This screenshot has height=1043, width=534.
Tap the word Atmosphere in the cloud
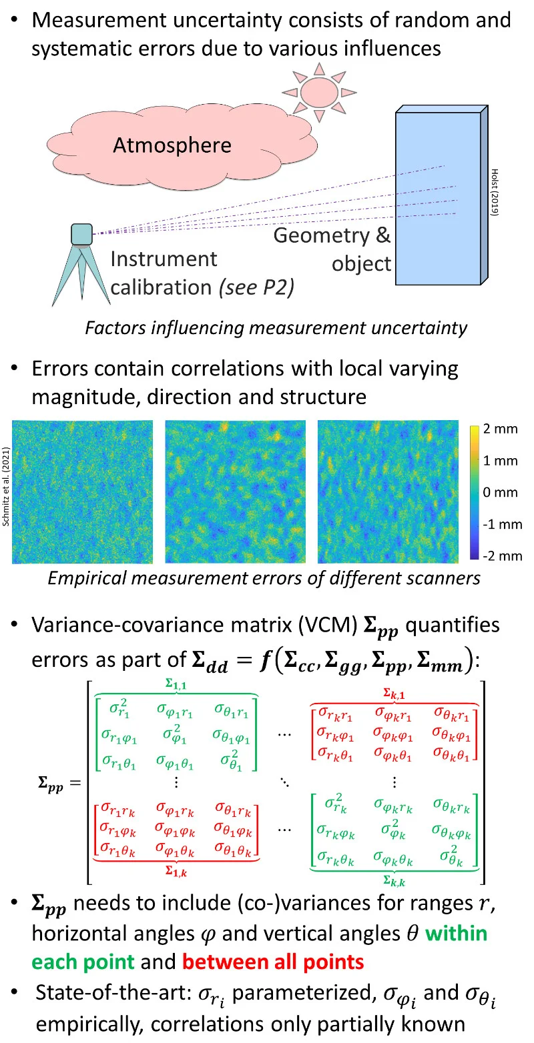tap(172, 145)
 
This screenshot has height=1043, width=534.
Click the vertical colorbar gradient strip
tap(473, 492)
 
